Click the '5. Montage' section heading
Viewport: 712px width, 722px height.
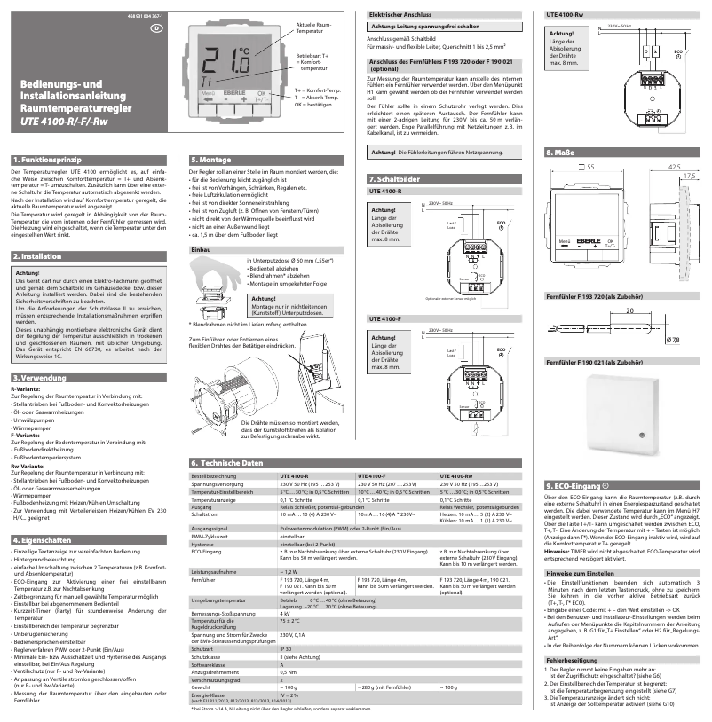point(211,159)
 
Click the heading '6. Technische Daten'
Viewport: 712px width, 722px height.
point(226,464)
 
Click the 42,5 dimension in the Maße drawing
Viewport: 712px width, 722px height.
point(674,167)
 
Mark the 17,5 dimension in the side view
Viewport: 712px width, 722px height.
point(688,177)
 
